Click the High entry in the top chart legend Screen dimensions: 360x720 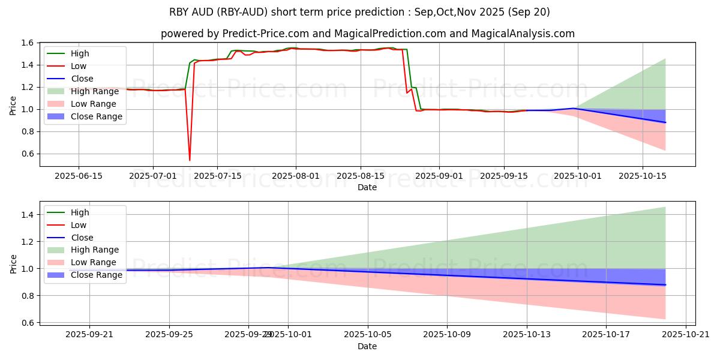pyautogui.click(x=80, y=53)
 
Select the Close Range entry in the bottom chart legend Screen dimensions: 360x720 pyautogui.click(x=96, y=275)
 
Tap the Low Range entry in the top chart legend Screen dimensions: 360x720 pyautogui.click(x=94, y=104)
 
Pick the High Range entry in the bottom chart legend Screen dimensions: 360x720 pyautogui.click(x=95, y=250)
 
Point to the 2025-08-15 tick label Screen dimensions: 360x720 pyautogui.click(x=360, y=176)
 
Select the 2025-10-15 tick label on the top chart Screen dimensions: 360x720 pyautogui.click(x=643, y=176)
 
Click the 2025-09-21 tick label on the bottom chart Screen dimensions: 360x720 pyautogui.click(x=89, y=335)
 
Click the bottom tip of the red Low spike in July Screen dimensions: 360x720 pyautogui.click(x=190, y=160)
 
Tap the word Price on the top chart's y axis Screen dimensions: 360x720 pyautogui.click(x=13, y=104)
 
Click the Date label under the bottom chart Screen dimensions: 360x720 pyautogui.click(x=367, y=346)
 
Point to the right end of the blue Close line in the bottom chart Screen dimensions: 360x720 pyautogui.click(x=665, y=284)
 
